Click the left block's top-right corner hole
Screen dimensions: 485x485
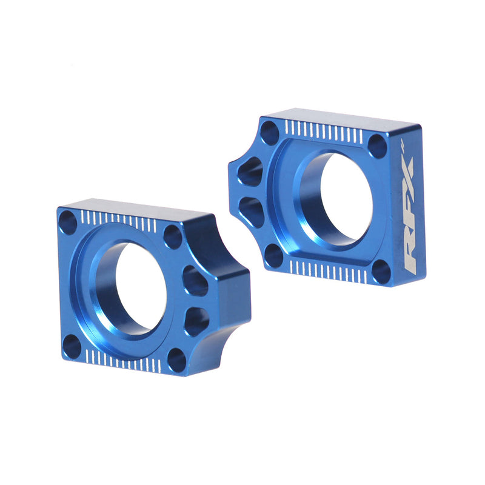[173, 236]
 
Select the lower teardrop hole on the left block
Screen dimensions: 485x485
[196, 319]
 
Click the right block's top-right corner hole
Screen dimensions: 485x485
[377, 145]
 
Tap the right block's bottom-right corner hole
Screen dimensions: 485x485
[381, 270]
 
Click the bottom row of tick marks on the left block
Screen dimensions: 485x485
[124, 361]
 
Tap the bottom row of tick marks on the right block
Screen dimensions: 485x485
[327, 271]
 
